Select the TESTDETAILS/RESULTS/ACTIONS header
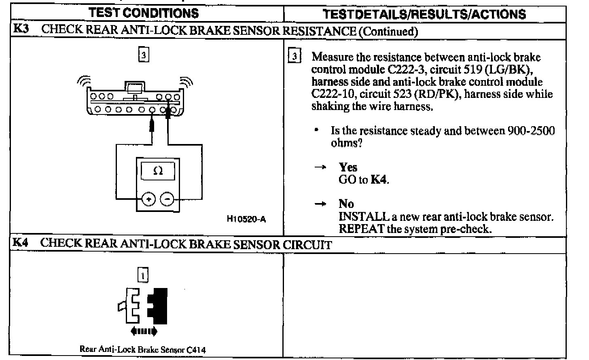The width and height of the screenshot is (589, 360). point(424,14)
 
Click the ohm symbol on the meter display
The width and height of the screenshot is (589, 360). point(158,171)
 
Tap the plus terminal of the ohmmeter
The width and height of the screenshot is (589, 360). point(149,199)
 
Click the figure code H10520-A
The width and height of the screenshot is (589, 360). point(246,219)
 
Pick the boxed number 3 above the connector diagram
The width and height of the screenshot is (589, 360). point(144,54)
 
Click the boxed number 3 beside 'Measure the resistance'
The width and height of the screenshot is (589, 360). point(295,56)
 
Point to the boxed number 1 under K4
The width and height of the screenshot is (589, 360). point(143,275)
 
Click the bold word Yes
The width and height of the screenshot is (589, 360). point(348,167)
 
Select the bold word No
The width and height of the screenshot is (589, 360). point(346,203)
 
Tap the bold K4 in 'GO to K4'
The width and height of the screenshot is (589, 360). point(379,180)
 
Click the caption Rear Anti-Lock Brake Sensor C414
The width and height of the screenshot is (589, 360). point(142,349)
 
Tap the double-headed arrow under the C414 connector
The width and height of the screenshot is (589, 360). point(144,331)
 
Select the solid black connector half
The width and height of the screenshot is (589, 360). point(159,306)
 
